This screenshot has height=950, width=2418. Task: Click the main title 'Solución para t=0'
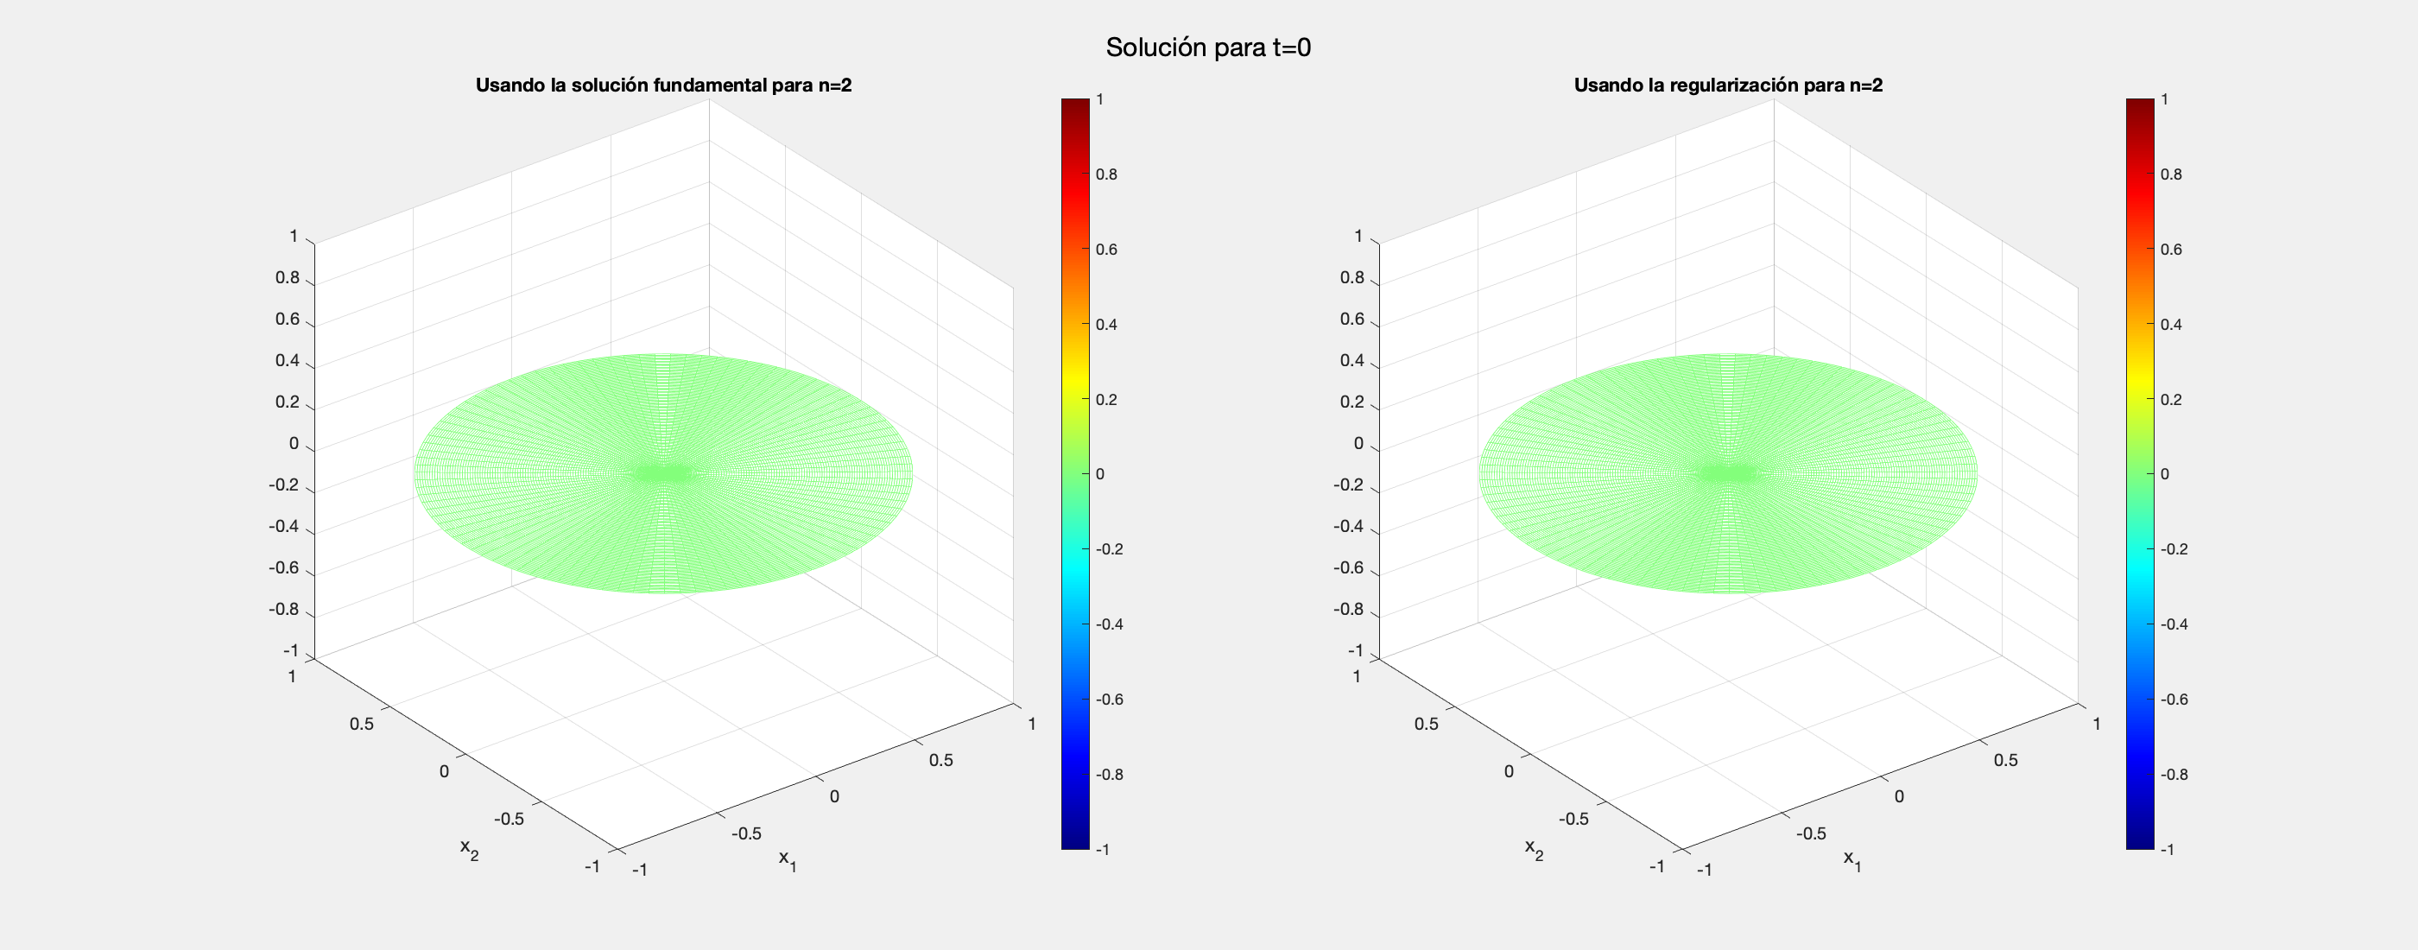(x=1208, y=47)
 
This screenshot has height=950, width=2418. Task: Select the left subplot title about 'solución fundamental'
(x=662, y=85)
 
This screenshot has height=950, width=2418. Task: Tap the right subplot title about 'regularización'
(x=1728, y=85)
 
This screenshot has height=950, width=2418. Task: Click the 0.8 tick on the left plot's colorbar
(x=1107, y=174)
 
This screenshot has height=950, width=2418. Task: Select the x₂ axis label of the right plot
(x=1534, y=849)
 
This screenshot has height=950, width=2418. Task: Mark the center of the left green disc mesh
(x=663, y=472)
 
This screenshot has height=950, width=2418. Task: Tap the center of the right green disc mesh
(x=1728, y=472)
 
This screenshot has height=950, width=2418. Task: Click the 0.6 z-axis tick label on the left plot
(x=288, y=320)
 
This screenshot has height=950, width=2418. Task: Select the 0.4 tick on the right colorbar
(x=2171, y=325)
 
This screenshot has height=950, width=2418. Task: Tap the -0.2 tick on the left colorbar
(x=1110, y=549)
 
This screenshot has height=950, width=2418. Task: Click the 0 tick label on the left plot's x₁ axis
(x=834, y=797)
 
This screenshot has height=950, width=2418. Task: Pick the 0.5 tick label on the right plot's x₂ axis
(x=1426, y=724)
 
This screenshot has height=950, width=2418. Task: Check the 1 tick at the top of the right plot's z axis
(x=1358, y=237)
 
